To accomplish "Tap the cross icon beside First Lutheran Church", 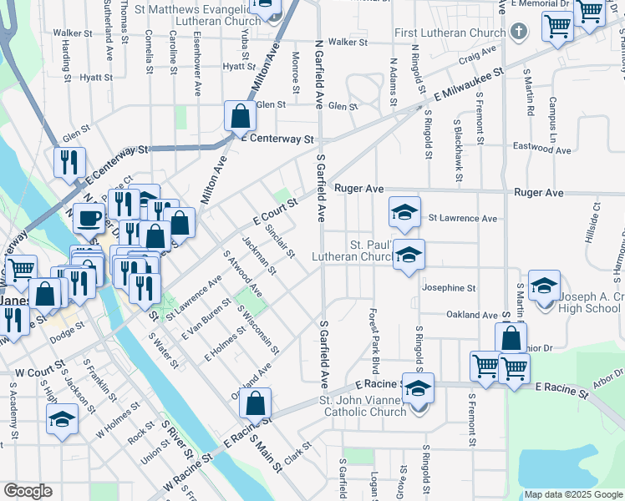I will [x=518, y=33].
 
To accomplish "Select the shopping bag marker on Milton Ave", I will [x=240, y=117].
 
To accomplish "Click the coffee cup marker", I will [x=89, y=219].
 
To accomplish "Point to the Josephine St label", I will [x=449, y=287].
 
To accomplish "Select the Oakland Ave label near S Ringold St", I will [x=448, y=315].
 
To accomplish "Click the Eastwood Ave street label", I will [x=544, y=151].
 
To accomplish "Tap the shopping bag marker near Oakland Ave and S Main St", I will [x=256, y=402].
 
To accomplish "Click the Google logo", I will [x=28, y=491].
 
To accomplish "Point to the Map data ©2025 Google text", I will [x=573, y=494].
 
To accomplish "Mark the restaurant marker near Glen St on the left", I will [x=69, y=163].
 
